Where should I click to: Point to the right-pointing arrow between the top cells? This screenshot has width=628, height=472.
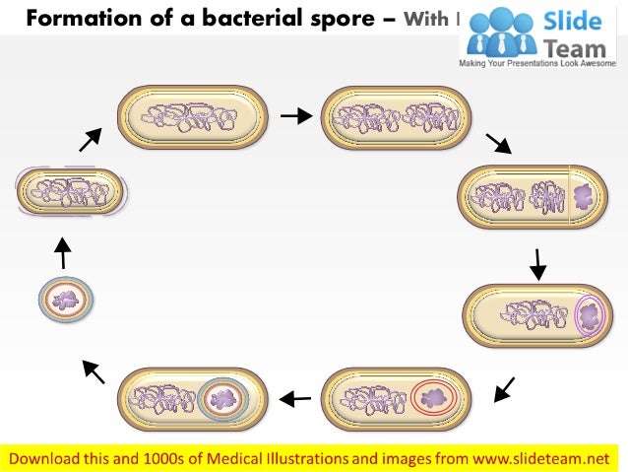[x=295, y=116]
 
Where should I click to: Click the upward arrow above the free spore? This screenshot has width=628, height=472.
[x=62, y=252]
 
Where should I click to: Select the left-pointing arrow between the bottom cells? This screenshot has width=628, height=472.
[x=295, y=399]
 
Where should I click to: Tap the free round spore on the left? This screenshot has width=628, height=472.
[x=66, y=300]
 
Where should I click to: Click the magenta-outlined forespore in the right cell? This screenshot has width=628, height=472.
[x=592, y=315]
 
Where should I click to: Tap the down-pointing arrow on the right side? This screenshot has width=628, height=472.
[x=537, y=263]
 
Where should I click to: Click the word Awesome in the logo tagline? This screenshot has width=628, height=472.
[x=598, y=62]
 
